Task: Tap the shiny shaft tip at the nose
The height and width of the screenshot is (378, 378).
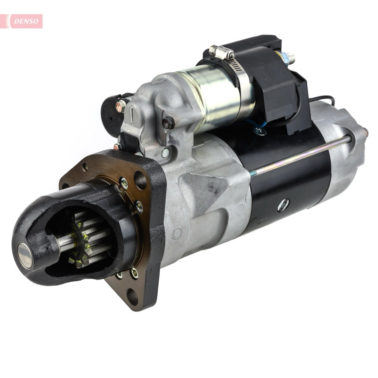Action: (25, 255)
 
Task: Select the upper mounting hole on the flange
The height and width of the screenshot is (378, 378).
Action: (140, 180)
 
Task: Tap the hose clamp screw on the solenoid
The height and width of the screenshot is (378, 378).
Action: (221, 52)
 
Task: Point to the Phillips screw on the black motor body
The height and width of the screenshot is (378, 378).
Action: (283, 205)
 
